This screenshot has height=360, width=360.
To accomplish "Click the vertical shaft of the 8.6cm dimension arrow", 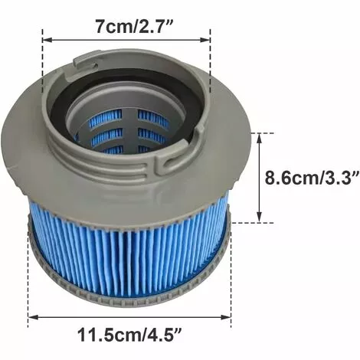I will click(x=261, y=178).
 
